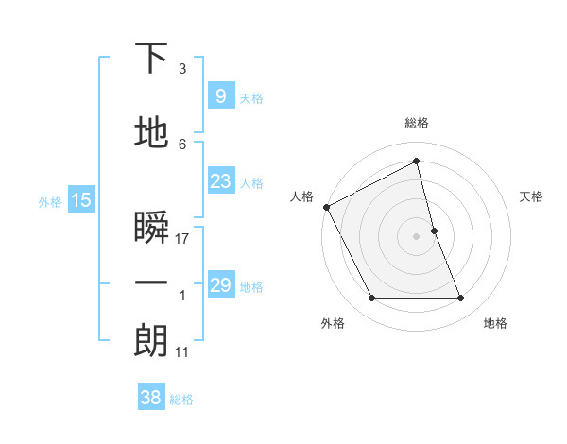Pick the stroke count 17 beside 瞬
pos(183,239)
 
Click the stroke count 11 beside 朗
pos(182,352)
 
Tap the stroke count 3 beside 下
pos(182,69)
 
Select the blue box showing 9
pos(220,95)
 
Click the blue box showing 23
pos(220,181)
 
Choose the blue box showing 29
pos(220,285)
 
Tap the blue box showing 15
pos(81,199)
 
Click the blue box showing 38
pos(151,398)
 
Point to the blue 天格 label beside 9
pos(251,97)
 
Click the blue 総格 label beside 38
pos(181,400)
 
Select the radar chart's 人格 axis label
pos(302,196)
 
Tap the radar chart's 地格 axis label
pos(495,323)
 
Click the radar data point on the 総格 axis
pos(416,161)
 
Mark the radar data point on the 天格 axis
pos(435,231)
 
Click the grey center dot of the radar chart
pos(416,236)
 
